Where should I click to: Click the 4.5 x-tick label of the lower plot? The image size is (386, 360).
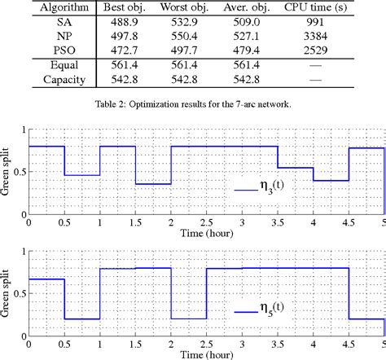349,343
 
